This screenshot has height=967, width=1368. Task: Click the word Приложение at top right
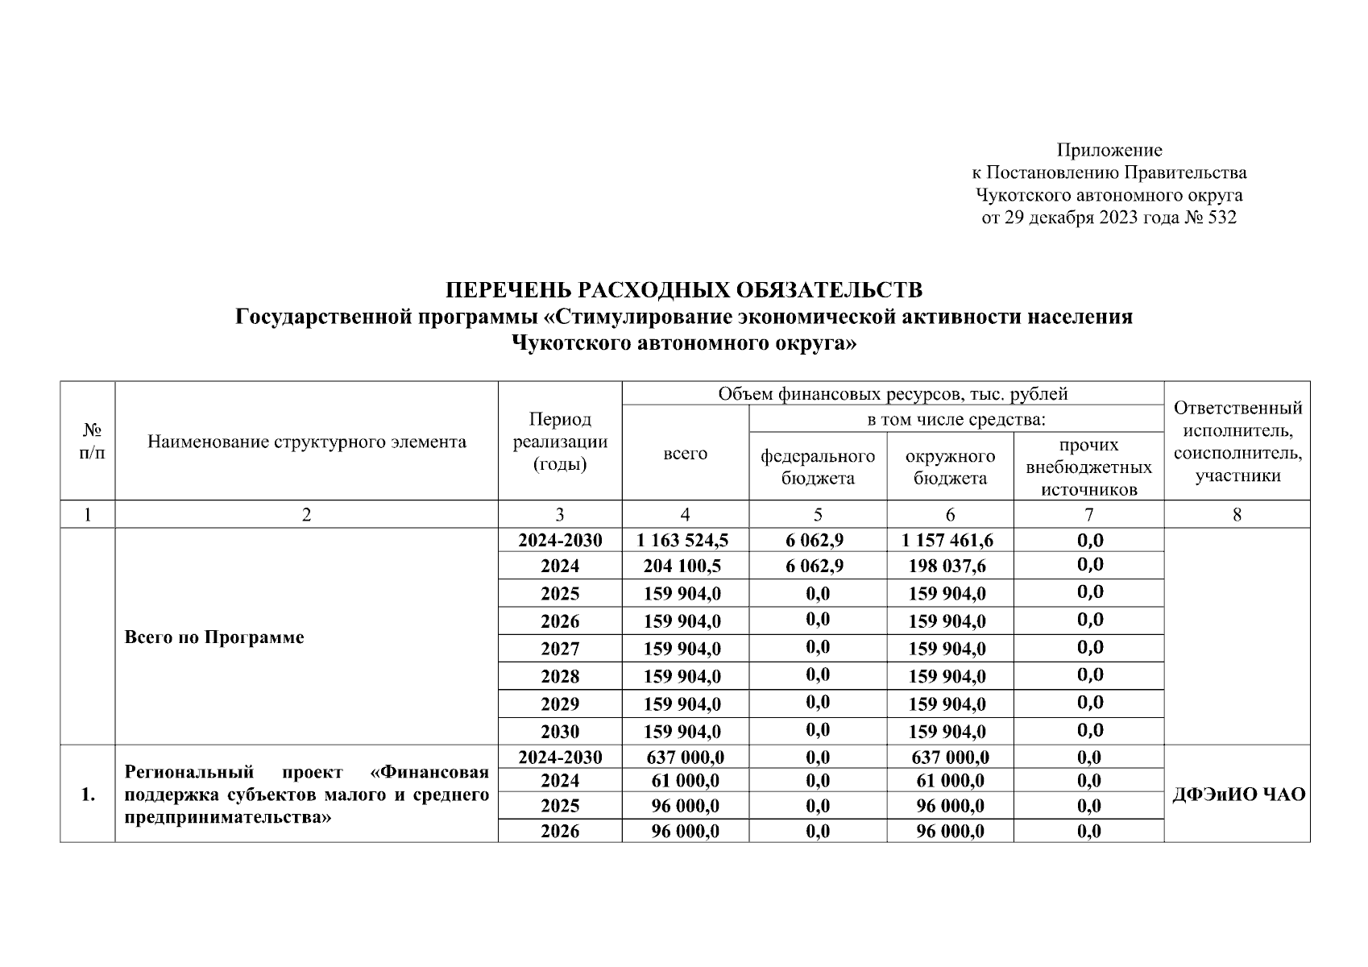[1109, 151]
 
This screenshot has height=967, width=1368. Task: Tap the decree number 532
[1221, 218]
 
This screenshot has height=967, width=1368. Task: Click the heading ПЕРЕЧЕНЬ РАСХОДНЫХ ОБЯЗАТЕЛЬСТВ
[684, 290]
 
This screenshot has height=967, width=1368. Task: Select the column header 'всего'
[685, 454]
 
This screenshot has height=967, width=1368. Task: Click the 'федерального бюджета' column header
[818, 467]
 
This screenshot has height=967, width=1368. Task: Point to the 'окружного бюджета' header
[950, 467]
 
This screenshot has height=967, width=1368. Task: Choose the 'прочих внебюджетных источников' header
[1088, 467]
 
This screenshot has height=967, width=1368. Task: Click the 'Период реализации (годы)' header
[560, 442]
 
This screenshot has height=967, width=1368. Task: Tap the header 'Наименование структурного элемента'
[306, 442]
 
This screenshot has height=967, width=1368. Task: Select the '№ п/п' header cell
[88, 442]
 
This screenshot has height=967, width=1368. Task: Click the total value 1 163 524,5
[684, 541]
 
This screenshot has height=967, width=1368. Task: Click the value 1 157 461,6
[948, 541]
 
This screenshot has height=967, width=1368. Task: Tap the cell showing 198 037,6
[948, 567]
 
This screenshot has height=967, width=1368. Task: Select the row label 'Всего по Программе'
[214, 637]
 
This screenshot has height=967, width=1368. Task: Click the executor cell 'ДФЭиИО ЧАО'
[1237, 795]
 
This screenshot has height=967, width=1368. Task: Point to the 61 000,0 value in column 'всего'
[685, 780]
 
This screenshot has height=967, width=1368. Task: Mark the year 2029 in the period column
[560, 704]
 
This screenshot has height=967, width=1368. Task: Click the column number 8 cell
[1237, 515]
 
